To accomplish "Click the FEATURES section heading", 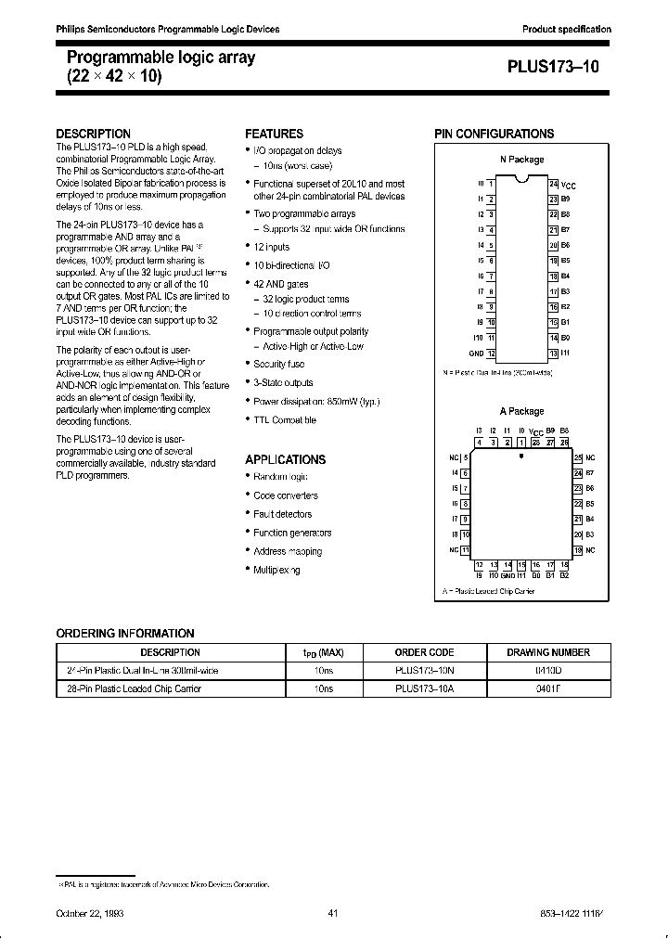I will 274,134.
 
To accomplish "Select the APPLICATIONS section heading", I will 285,459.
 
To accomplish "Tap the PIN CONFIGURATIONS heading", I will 494,134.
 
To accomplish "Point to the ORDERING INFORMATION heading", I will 125,633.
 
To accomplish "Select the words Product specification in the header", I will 567,30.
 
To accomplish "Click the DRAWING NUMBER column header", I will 547,652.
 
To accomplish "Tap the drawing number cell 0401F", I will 547,688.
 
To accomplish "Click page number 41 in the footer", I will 333,914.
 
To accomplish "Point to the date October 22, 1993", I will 91,914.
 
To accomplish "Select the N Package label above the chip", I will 521,160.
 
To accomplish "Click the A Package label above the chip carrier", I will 521,411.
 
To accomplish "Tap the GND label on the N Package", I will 476,354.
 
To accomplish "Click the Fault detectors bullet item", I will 282,514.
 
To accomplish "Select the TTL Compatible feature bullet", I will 285,419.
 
